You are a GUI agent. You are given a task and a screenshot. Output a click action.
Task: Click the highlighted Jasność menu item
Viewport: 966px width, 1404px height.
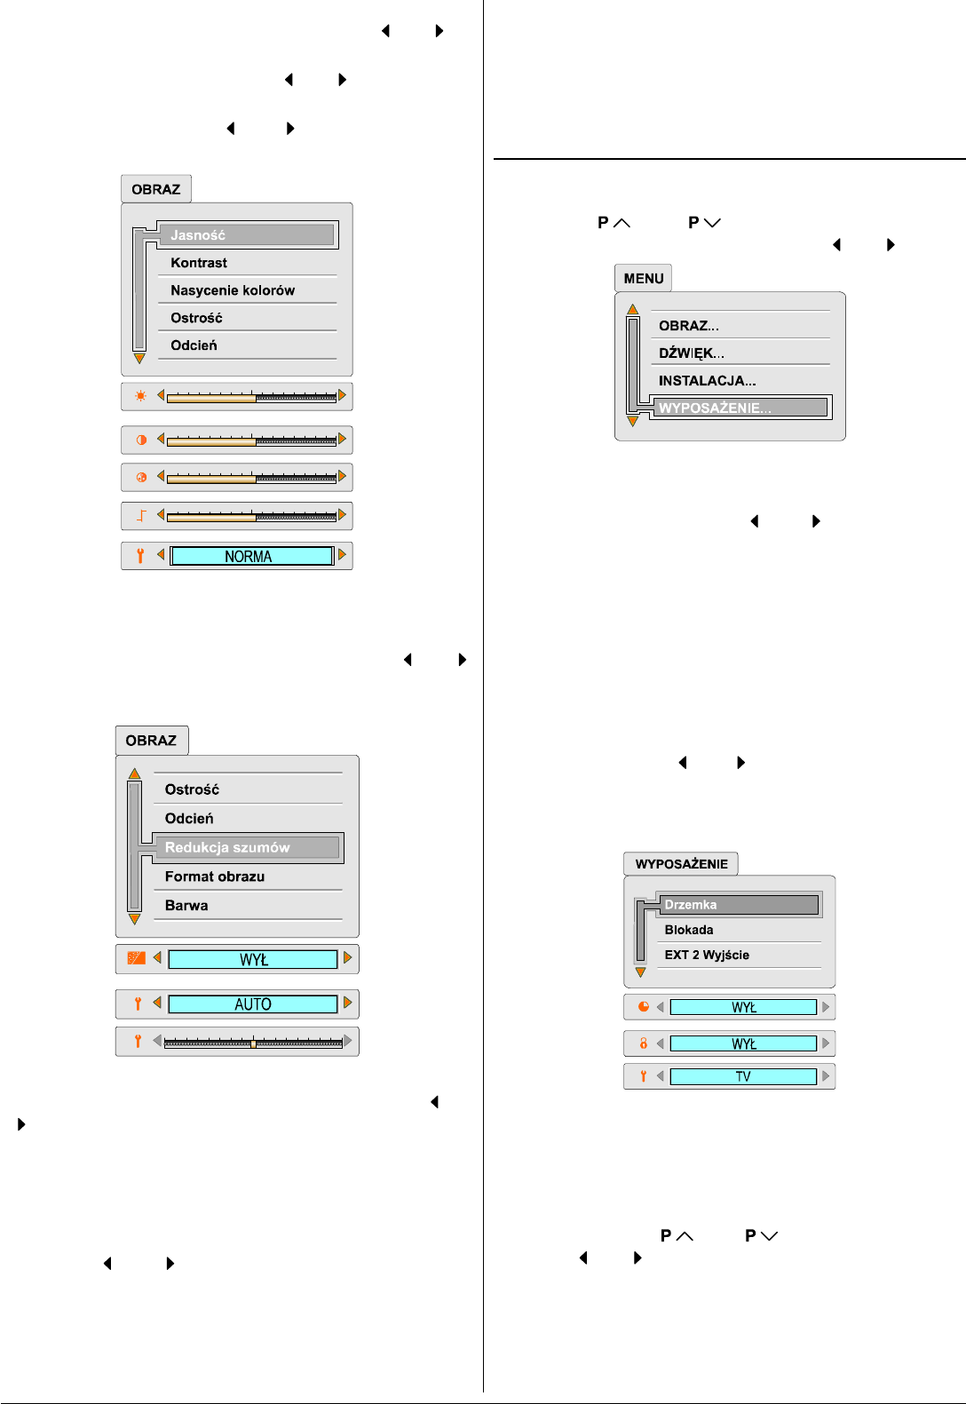248,235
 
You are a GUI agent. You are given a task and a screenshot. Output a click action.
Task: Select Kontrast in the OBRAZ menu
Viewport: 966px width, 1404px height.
199,263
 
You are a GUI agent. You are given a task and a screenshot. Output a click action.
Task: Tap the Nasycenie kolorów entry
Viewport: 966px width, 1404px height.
233,290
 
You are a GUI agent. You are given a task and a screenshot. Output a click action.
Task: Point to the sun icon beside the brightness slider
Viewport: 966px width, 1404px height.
140,396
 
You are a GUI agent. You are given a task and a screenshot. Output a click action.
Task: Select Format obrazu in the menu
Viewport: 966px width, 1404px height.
215,877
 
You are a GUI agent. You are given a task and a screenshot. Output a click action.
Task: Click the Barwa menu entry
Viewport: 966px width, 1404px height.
186,906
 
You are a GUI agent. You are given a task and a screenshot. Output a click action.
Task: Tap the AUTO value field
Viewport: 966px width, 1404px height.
253,1004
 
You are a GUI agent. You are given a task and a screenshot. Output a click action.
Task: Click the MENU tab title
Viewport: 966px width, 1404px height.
644,279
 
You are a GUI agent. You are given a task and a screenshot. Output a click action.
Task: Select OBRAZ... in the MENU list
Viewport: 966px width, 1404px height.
689,326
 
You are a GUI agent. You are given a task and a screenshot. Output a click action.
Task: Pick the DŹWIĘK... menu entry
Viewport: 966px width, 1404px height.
692,353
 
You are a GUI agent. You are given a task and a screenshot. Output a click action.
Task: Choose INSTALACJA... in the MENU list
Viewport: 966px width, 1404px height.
708,381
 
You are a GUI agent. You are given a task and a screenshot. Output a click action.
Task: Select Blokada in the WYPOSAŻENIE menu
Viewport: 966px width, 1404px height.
689,930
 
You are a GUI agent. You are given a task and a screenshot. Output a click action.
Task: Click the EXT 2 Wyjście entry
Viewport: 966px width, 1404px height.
707,955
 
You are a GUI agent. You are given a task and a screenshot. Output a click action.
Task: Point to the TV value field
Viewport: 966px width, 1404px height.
743,1077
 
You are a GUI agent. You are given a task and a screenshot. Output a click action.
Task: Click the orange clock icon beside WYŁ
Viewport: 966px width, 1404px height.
644,1007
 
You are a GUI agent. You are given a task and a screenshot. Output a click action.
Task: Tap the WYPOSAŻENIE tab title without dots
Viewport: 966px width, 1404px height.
681,864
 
